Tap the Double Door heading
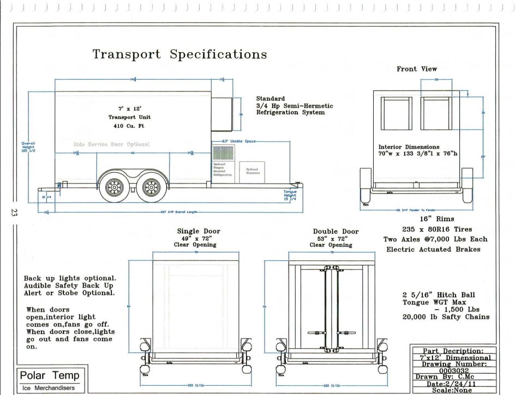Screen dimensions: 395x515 point(332,232)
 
